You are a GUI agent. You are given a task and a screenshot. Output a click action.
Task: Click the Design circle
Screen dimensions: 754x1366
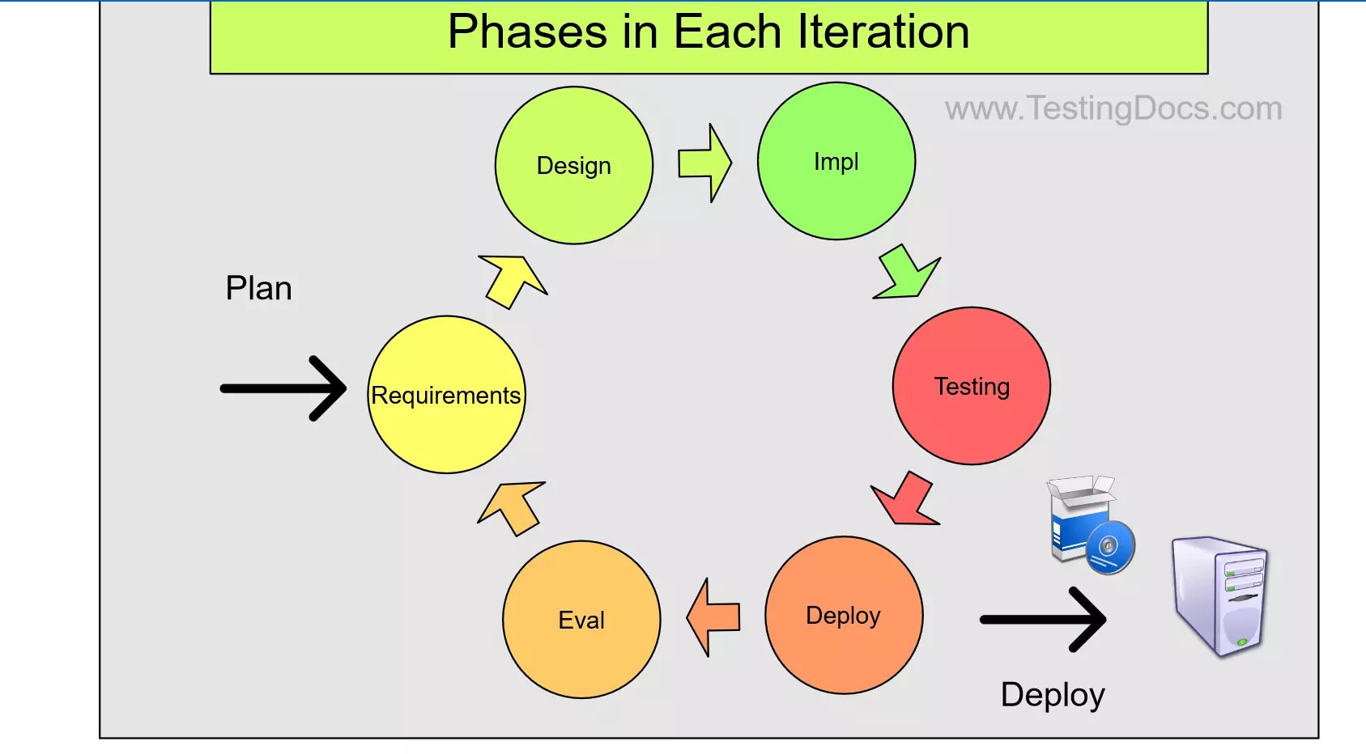[573, 165]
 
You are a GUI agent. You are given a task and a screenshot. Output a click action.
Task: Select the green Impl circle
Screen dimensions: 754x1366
[836, 161]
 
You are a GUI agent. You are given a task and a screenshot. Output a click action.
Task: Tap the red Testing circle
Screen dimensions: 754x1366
[971, 386]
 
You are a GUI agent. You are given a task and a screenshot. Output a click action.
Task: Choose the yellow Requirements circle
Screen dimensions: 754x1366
[446, 395]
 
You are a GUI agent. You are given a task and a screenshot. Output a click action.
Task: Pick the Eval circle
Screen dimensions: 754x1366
[581, 620]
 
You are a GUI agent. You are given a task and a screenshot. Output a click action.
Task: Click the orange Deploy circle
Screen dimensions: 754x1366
[843, 615]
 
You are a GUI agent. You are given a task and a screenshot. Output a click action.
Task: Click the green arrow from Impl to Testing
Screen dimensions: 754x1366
[908, 273]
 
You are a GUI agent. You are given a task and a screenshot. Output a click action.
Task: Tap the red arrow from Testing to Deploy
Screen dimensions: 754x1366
[906, 500]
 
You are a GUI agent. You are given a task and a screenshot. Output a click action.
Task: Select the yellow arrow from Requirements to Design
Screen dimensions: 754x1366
[512, 280]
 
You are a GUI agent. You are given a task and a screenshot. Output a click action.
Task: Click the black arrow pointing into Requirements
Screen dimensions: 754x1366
[283, 388]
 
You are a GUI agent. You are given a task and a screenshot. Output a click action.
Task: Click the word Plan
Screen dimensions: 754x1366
[258, 288]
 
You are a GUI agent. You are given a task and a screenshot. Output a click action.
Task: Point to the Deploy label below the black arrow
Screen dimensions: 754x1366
[1052, 695]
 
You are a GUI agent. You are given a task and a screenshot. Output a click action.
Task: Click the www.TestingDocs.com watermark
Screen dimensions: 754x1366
[1113, 108]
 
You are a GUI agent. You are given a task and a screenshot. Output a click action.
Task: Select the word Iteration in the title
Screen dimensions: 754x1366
[883, 32]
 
